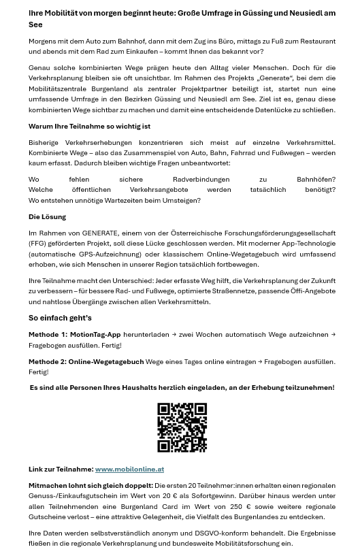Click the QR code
(182, 427)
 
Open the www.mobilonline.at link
(129, 470)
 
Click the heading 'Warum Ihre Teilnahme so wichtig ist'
(89, 126)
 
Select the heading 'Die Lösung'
(47, 216)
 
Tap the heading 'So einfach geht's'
(60, 318)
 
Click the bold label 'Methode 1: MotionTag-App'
(74, 335)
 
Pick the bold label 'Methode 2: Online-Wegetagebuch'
(86, 362)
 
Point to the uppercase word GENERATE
(100, 233)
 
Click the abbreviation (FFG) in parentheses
(38, 244)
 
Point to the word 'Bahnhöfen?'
(316, 180)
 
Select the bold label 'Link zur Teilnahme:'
(61, 470)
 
